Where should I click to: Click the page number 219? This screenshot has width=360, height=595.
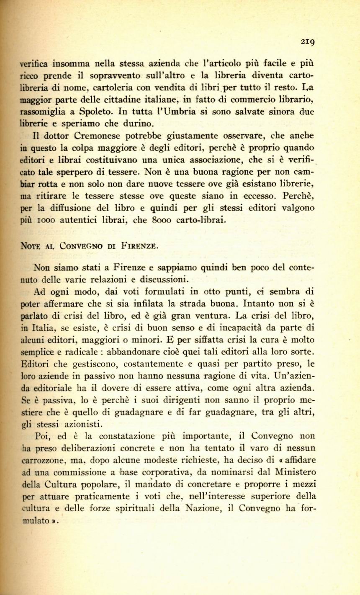pyautogui.click(x=307, y=41)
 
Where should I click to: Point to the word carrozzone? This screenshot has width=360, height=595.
pyautogui.click(x=42, y=461)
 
